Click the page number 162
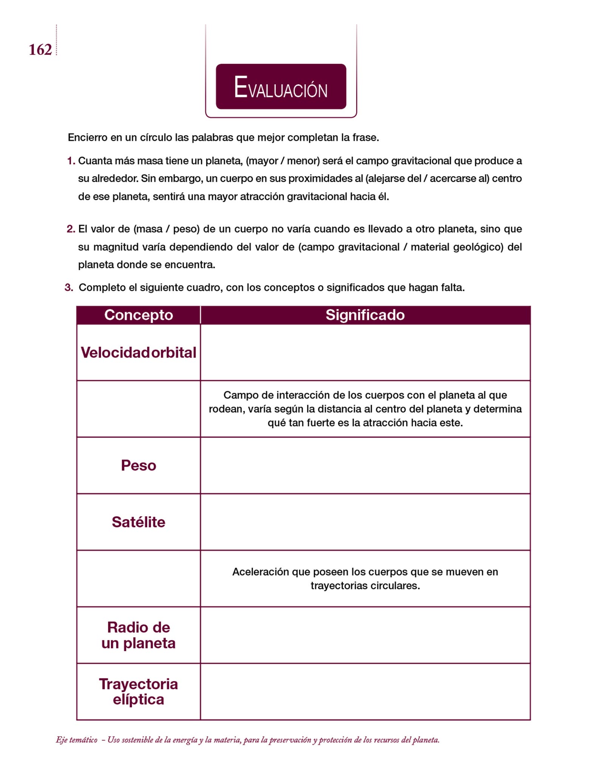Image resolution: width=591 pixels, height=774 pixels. pos(40,50)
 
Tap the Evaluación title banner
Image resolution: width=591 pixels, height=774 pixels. pos(281,87)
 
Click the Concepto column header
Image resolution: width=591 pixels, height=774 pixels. pos(138,315)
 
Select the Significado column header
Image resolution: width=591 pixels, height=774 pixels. pos(365,315)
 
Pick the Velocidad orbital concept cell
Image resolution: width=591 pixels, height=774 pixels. pos(138,353)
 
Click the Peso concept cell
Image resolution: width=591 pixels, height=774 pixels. pos(138,466)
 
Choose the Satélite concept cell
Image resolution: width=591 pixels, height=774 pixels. pos(138,522)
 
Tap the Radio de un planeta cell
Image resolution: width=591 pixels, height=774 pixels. pos(138,635)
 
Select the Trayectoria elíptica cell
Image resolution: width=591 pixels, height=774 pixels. pos(138,692)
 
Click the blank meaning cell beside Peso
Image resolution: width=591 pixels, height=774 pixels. pos(365,466)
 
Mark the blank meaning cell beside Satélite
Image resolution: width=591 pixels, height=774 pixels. pos(365,522)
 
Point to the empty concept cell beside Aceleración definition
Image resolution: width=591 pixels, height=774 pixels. pos(138,579)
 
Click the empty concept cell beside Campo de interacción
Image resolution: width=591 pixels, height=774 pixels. pos(138,409)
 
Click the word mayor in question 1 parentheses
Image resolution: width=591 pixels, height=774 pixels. pos(262,161)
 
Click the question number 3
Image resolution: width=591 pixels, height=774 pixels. pos(68,288)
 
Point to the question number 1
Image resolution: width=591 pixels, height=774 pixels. pos(71,161)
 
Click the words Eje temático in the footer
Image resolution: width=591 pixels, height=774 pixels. pos(76,740)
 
